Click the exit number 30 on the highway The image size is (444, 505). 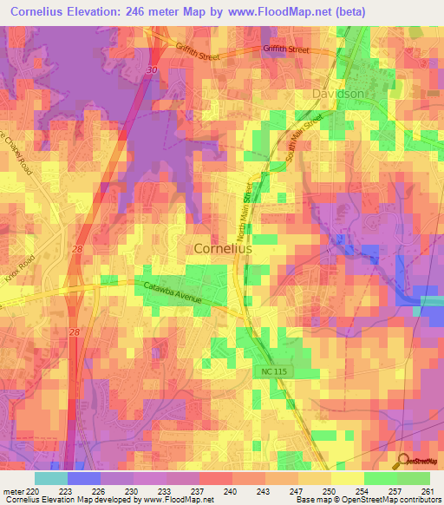click(153, 69)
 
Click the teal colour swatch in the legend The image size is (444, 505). click(50, 477)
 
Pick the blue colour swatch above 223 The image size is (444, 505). click(83, 477)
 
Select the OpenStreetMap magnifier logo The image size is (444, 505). click(402, 461)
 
